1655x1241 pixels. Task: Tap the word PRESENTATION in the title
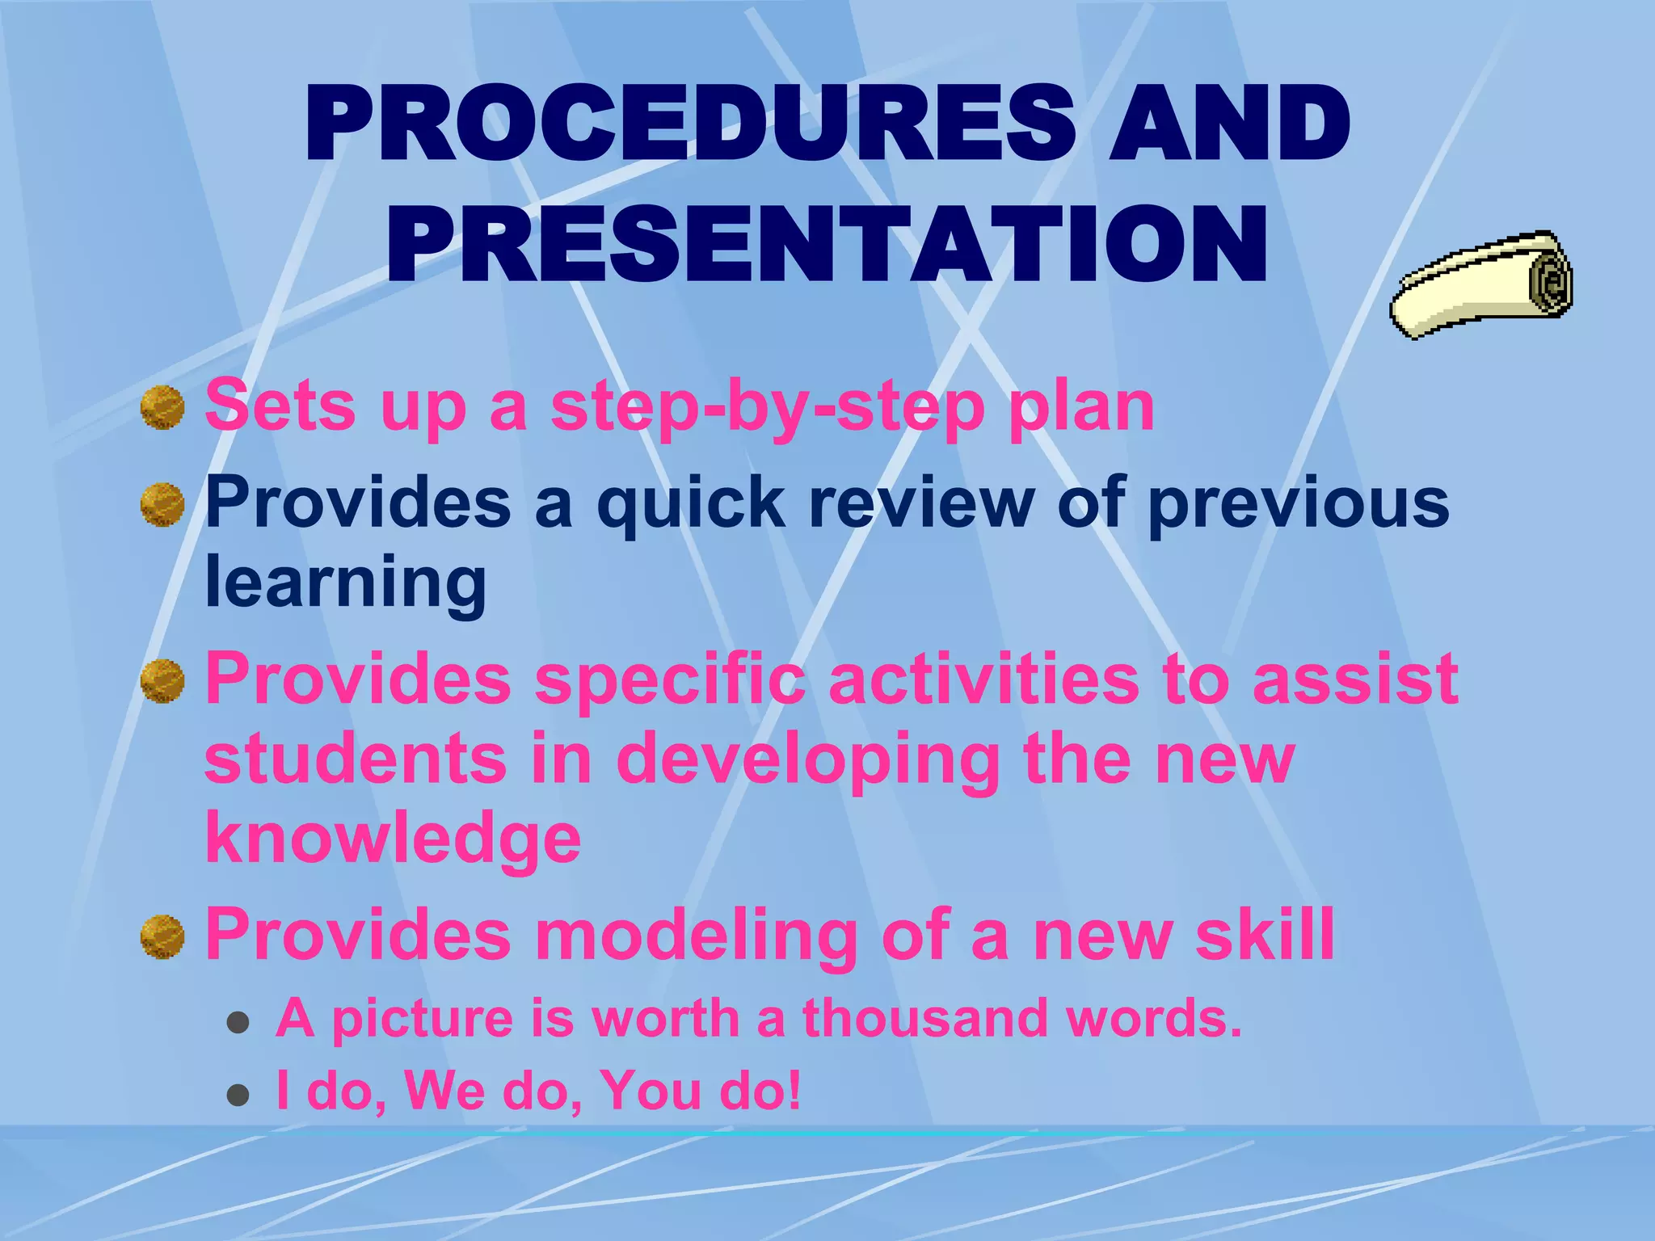click(x=827, y=245)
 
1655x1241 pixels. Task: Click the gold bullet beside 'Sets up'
click(x=162, y=407)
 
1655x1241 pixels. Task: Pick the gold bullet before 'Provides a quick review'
click(x=162, y=504)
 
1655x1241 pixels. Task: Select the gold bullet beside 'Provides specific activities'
click(x=162, y=681)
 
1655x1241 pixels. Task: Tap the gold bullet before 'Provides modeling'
click(x=162, y=936)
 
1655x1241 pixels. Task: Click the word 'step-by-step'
click(x=767, y=407)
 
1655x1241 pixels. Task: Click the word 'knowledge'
click(x=393, y=839)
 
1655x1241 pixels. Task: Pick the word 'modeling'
click(x=696, y=935)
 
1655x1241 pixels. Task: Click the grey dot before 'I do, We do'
click(x=238, y=1096)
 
